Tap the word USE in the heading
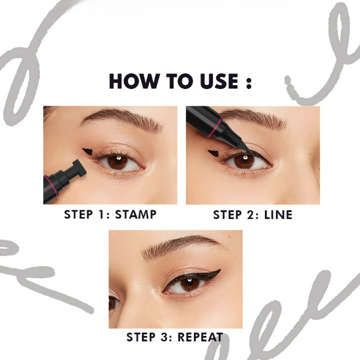pyautogui.click(x=219, y=81)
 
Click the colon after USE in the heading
pyautogui.click(x=249, y=82)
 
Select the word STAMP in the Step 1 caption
pyautogui.click(x=135, y=214)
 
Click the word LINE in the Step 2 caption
pyautogui.click(x=278, y=215)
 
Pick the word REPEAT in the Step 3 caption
pyautogui.click(x=200, y=337)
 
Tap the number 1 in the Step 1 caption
pyautogui.click(x=101, y=214)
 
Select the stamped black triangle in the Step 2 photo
pyautogui.click(x=213, y=153)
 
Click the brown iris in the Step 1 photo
pyautogui.click(x=117, y=162)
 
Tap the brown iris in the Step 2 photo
pyautogui.click(x=244, y=161)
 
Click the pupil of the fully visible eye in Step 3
pyautogui.click(x=189, y=283)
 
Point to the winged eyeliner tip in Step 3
pyautogui.click(x=219, y=270)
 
